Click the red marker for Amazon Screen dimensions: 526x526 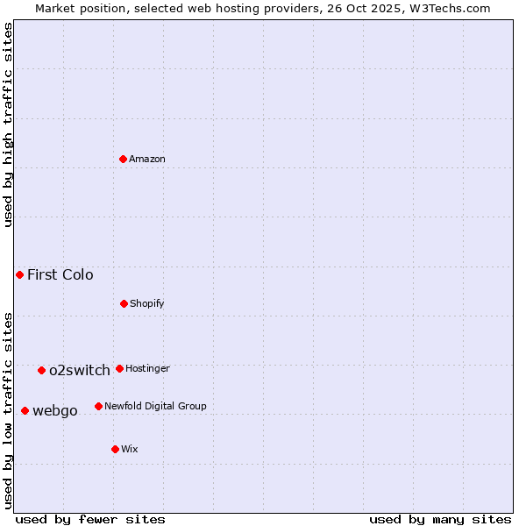[124, 159]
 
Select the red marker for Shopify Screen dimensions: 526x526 [124, 303]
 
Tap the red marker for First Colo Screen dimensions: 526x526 [19, 274]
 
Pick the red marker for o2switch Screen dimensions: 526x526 [41, 370]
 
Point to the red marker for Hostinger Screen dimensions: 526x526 [119, 368]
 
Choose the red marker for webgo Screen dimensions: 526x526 [25, 410]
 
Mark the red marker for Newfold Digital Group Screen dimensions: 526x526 [98, 406]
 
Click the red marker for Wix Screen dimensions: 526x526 [115, 449]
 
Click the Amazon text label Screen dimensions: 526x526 [147, 159]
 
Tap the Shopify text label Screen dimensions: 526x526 [147, 303]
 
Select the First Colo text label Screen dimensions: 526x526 [60, 274]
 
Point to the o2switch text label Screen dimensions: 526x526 [80, 370]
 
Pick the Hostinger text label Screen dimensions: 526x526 [147, 368]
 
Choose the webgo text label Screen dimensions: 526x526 [55, 410]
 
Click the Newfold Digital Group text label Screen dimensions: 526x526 [155, 406]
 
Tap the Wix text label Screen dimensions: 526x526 [130, 449]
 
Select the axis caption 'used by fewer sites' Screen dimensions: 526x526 [90, 519]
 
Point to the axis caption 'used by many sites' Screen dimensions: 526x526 [440, 519]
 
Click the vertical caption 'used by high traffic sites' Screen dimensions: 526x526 [9, 124]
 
